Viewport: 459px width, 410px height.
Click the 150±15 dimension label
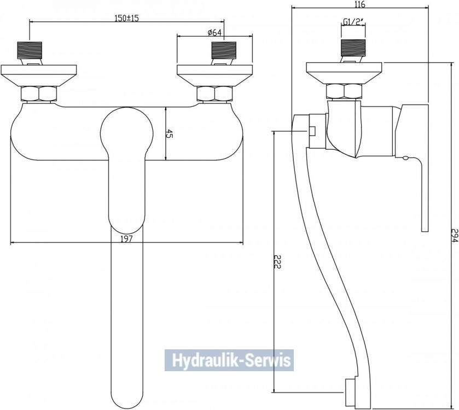126,18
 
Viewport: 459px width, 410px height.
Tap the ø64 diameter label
214,33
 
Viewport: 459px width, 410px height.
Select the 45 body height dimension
169,134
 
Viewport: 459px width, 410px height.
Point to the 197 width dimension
126,239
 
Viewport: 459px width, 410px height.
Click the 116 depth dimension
359,4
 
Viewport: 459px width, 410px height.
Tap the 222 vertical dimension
277,261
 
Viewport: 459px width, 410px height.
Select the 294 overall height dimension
454,236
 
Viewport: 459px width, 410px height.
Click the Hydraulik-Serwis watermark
229,360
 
